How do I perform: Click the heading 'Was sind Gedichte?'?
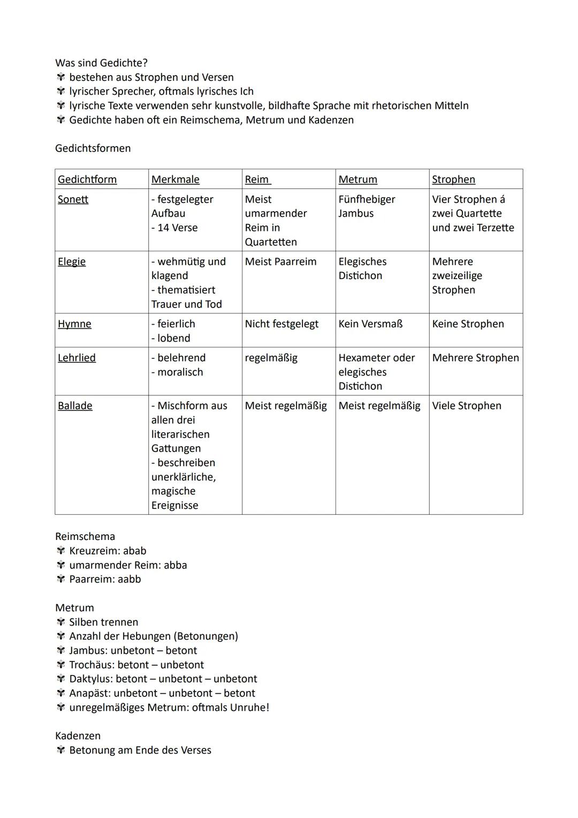(101, 63)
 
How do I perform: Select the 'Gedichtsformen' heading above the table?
(93, 148)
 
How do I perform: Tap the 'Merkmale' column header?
(175, 179)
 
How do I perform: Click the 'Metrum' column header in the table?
(358, 179)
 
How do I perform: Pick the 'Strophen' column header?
(453, 179)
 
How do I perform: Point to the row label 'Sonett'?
(73, 199)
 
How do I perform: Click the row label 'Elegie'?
(72, 262)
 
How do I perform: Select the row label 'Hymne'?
(74, 324)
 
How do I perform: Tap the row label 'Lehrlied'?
(77, 358)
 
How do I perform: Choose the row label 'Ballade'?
(75, 406)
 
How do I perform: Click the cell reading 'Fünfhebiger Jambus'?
(366, 206)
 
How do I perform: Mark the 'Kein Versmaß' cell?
(370, 324)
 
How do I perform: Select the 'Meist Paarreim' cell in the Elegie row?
(280, 262)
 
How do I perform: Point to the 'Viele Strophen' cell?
(467, 406)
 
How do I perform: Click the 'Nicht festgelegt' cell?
(282, 324)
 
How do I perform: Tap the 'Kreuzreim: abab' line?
(108, 551)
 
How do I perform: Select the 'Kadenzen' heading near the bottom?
(78, 736)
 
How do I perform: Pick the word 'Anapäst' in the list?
(88, 694)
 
